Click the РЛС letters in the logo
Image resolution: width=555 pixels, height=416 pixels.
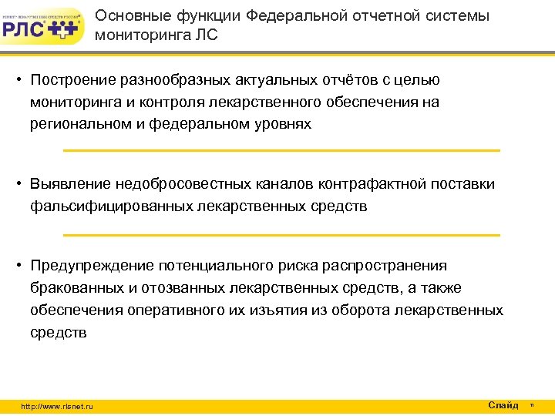25,29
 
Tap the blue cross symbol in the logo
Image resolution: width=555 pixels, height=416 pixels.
65,30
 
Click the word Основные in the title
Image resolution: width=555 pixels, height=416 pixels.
128,16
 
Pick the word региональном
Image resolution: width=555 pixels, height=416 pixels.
79,123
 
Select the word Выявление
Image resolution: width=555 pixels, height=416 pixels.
70,184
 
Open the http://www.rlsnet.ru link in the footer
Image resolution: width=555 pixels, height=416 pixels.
57,407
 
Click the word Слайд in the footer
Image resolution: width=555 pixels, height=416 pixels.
503,405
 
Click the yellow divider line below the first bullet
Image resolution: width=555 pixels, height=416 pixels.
281,150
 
